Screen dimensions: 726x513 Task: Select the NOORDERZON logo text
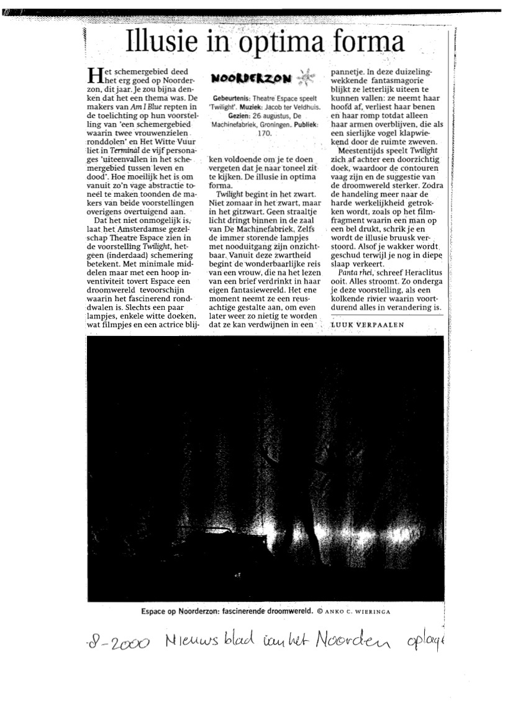click(250, 78)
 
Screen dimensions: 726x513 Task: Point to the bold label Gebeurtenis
click(232, 99)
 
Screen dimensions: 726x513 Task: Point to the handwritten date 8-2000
click(118, 643)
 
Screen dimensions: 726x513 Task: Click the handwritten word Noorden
click(358, 640)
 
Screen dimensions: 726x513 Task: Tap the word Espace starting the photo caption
click(153, 611)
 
